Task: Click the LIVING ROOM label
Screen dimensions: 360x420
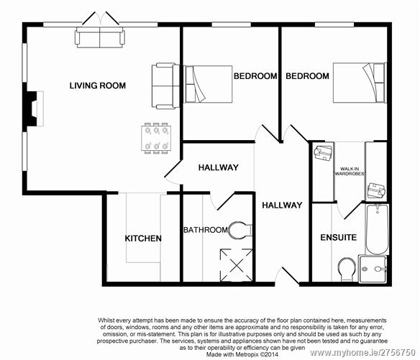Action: [97, 86]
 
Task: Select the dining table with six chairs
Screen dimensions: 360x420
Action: [156, 138]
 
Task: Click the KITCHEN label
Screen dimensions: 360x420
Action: [143, 239]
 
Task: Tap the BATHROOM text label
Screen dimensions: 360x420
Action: [205, 230]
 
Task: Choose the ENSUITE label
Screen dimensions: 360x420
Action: [338, 238]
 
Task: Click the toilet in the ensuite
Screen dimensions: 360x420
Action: [346, 269]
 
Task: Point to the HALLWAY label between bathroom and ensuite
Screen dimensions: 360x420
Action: [282, 206]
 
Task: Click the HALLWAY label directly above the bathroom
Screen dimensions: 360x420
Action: [218, 167]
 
